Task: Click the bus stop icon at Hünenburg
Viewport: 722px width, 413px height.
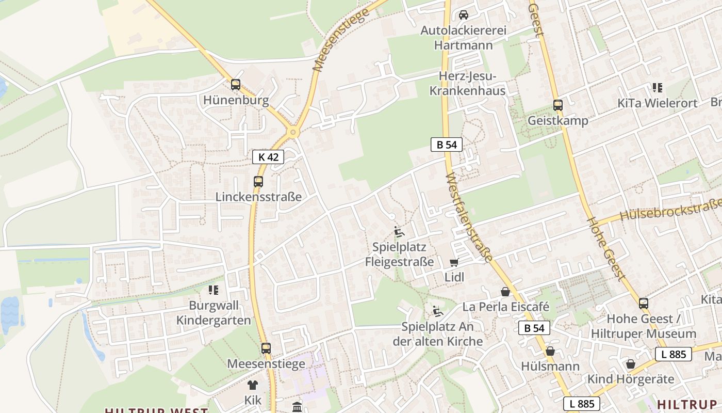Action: [236, 85]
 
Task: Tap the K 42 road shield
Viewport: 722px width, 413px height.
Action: [268, 157]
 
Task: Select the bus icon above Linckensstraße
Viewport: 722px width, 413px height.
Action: [258, 182]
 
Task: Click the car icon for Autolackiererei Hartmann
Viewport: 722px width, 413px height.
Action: [464, 15]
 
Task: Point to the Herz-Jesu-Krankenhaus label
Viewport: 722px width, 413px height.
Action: [468, 84]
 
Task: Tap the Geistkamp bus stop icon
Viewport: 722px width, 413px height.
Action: [558, 105]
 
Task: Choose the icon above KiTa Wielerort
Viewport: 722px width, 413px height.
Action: [657, 88]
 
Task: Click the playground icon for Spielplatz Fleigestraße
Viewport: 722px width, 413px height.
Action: [399, 231]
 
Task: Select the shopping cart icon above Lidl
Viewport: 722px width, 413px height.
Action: [454, 263]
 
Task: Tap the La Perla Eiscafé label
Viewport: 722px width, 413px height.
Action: [506, 307]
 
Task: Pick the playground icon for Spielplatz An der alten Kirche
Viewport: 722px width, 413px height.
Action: [437, 311]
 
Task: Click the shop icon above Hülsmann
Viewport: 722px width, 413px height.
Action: [550, 351]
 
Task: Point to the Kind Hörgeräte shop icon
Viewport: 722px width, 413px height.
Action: [630, 364]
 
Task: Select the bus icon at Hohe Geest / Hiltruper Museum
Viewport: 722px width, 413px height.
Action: [644, 303]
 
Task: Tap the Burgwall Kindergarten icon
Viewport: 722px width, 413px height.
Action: [214, 290]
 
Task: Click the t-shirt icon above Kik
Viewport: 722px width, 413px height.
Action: [253, 385]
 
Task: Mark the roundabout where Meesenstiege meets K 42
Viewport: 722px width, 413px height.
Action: [293, 132]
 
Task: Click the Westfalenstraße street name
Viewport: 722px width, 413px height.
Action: [468, 216]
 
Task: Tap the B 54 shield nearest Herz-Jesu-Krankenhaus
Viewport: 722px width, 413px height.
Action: [447, 145]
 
